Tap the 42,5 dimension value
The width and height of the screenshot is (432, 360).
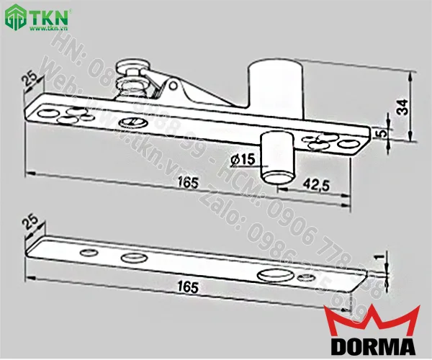coord(315,185)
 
